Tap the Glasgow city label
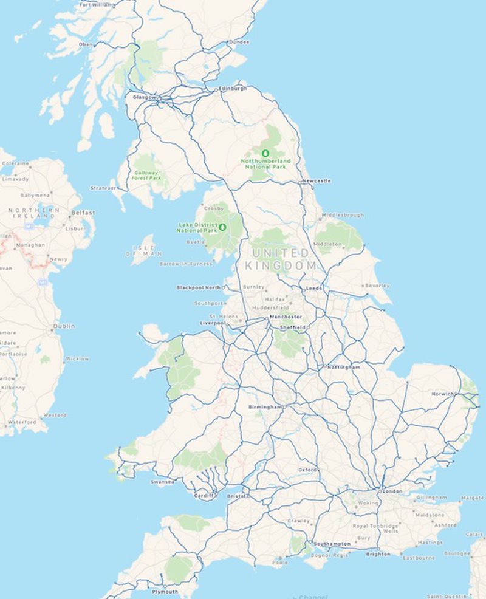[145, 97]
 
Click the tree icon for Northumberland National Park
[264, 152]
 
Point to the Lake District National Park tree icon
[222, 227]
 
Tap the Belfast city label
[83, 213]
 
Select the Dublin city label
[64, 326]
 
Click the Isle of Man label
[143, 250]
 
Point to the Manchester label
[286, 317]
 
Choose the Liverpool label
[213, 323]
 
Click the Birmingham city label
[265, 406]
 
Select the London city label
[392, 491]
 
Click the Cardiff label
[204, 496]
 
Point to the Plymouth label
[165, 591]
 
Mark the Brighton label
[378, 554]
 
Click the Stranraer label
[103, 188]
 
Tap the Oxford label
[307, 470]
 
